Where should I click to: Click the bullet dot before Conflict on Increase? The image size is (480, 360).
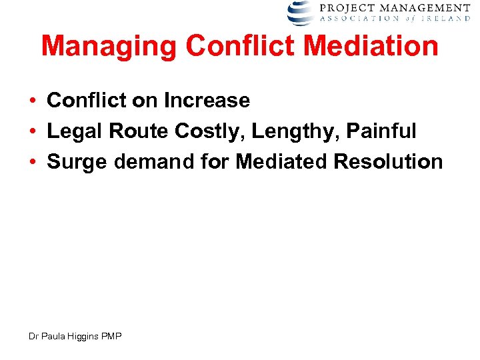pyautogui.click(x=32, y=101)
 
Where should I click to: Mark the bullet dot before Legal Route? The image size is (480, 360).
pyautogui.click(x=32, y=132)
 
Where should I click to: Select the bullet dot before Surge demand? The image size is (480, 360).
pyautogui.click(x=32, y=163)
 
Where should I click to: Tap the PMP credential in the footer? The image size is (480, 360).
pyautogui.click(x=111, y=337)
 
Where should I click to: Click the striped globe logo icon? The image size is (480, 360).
pyautogui.click(x=301, y=12)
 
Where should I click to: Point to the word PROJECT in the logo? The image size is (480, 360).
pyautogui.click(x=344, y=8)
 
